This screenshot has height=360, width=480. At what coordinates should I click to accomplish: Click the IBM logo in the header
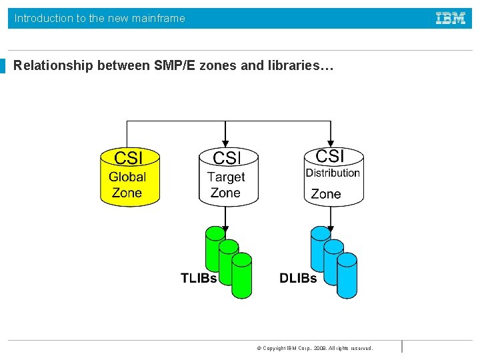(451, 19)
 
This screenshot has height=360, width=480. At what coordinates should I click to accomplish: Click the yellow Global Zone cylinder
(130, 177)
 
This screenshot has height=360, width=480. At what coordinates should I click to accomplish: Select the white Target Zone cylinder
(228, 177)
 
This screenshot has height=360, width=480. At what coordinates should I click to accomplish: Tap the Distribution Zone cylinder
(333, 176)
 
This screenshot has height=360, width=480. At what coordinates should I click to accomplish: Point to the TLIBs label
(199, 278)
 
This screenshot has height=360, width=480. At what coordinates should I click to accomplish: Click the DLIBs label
(298, 278)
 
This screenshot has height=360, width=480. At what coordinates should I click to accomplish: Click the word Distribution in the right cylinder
(333, 173)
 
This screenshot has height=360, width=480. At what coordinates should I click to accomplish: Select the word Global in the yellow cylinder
(127, 177)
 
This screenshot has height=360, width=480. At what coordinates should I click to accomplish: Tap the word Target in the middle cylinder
(226, 177)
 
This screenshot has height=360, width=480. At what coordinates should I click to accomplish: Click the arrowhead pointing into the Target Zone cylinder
(226, 143)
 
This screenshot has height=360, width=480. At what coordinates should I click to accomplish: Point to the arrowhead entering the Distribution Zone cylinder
(331, 143)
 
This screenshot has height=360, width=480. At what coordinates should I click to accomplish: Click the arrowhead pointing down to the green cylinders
(226, 223)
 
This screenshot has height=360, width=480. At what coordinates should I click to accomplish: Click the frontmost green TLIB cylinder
(242, 275)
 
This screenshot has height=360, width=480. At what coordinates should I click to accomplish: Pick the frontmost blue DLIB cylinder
(347, 275)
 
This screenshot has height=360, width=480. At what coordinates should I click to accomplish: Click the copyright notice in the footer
(315, 348)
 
